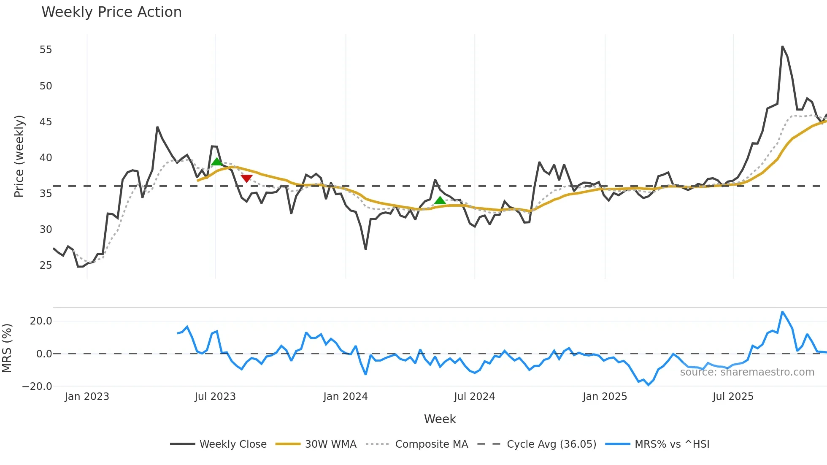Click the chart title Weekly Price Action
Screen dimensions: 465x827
click(111, 12)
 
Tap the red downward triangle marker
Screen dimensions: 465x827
click(246, 178)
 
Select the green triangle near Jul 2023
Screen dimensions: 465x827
click(216, 162)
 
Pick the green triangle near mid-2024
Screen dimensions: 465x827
click(440, 200)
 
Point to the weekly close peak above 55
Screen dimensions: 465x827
click(782, 47)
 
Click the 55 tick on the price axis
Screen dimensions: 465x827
click(46, 50)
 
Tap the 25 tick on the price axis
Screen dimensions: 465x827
click(46, 265)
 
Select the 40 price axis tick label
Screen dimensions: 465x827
click(46, 158)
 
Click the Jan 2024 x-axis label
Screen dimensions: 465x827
click(345, 397)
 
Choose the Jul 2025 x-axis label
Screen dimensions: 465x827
click(732, 397)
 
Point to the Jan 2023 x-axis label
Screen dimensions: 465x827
click(86, 397)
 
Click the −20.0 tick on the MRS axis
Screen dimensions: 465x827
click(37, 387)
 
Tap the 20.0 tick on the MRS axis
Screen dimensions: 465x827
click(41, 321)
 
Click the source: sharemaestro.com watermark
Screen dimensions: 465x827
click(747, 372)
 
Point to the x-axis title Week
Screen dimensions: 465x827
click(440, 419)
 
